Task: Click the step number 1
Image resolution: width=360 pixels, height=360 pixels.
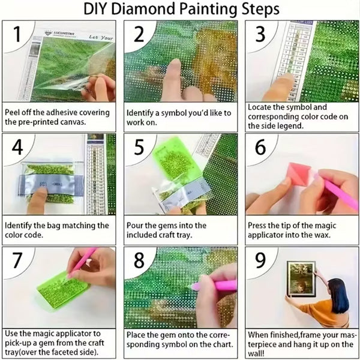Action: click(19, 35)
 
